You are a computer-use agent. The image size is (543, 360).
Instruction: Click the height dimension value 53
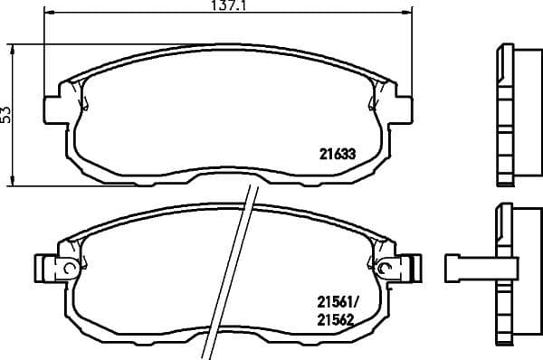5,114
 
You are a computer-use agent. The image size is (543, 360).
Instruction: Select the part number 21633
336,154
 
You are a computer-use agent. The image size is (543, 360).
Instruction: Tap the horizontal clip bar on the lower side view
471,268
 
